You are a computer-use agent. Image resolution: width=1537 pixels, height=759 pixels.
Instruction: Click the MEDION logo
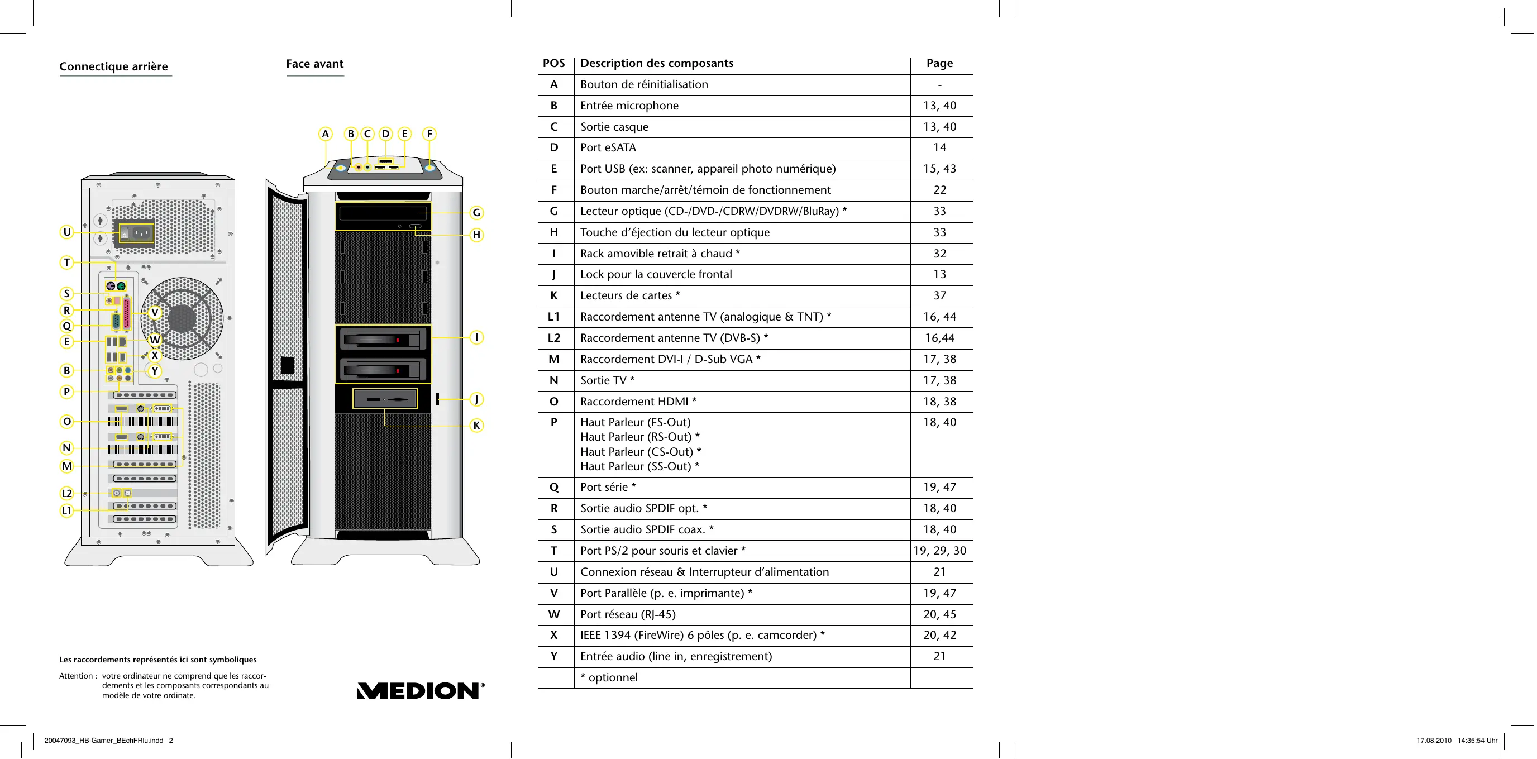coord(420,690)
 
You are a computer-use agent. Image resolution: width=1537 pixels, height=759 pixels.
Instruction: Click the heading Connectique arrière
coord(113,66)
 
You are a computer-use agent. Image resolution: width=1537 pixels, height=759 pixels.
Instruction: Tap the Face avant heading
coord(314,64)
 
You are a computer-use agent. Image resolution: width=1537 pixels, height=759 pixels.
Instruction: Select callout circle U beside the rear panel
coord(67,232)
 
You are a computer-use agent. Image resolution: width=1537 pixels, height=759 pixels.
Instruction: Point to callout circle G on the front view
coord(476,212)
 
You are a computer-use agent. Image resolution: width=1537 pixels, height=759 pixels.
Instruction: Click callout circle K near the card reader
coord(476,426)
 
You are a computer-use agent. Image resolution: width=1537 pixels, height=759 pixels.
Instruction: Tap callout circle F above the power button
coord(429,133)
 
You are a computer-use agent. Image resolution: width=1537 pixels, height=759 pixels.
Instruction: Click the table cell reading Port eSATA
coord(608,147)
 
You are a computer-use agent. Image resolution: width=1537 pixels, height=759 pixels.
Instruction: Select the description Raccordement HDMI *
coord(638,402)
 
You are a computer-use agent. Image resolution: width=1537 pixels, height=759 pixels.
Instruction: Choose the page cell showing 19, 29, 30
coord(939,551)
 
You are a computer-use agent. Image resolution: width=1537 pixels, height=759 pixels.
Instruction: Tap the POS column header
coord(553,63)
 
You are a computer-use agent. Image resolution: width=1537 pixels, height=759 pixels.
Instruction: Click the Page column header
coord(939,63)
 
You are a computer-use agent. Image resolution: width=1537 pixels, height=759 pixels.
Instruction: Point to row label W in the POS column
coord(553,614)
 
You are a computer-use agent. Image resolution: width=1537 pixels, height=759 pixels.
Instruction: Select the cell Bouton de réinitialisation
coord(644,84)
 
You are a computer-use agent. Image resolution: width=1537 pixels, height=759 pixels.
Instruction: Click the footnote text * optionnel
coord(609,677)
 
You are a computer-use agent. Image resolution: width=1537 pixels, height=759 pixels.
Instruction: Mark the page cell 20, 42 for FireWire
coord(939,635)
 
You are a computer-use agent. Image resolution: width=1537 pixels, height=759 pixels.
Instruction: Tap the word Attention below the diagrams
coord(76,675)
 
